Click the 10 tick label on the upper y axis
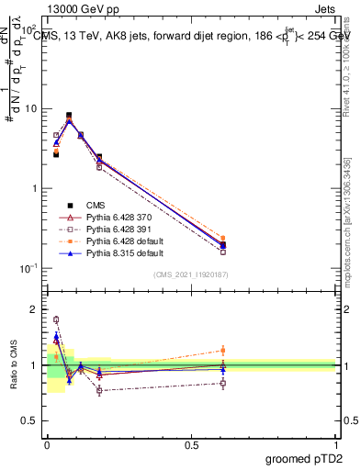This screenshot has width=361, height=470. point(31,108)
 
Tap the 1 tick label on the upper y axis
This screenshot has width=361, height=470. point(35,188)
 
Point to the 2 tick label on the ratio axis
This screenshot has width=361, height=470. point(35,309)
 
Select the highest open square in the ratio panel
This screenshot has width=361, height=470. point(56,319)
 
